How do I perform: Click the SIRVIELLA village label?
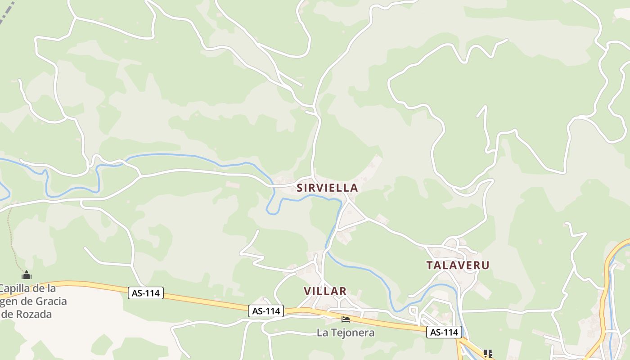[327, 188]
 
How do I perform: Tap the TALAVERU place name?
[458, 265]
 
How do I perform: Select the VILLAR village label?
[325, 291]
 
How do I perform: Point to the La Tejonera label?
[346, 333]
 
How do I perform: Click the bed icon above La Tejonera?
[346, 319]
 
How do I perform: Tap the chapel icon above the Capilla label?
[27, 275]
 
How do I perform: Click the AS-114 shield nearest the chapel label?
[146, 293]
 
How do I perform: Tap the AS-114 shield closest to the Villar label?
[266, 310]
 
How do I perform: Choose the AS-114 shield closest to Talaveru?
[444, 332]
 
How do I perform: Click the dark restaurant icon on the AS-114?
[488, 353]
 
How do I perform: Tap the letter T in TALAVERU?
[429, 265]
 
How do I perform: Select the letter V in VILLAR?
[307, 291]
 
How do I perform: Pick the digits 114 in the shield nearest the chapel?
[152, 293]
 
